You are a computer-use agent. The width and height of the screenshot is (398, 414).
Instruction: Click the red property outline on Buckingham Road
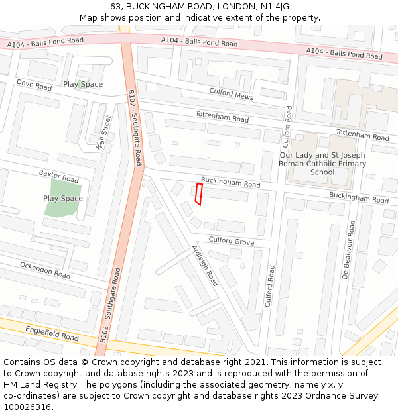pos(198,194)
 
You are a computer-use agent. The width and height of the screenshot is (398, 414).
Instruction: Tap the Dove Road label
pos(34,86)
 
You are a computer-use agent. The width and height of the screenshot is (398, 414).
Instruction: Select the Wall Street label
pos(103,133)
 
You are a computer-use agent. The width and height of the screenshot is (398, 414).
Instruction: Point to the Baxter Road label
pos(58,176)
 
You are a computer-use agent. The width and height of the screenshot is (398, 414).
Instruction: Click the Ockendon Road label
pos(45,270)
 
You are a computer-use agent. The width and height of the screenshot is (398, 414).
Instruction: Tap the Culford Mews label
pos(231,94)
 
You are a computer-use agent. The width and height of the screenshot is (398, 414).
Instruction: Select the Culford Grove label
pos(231,241)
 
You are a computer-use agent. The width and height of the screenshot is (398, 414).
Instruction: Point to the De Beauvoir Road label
pos(349,250)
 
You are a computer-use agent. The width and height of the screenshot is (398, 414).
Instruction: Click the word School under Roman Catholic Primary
pos(322,172)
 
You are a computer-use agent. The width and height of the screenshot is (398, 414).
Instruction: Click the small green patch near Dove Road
pos(82,85)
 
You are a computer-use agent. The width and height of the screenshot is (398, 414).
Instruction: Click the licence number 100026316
pos(28,407)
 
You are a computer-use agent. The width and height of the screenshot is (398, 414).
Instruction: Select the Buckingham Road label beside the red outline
pos(230,182)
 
